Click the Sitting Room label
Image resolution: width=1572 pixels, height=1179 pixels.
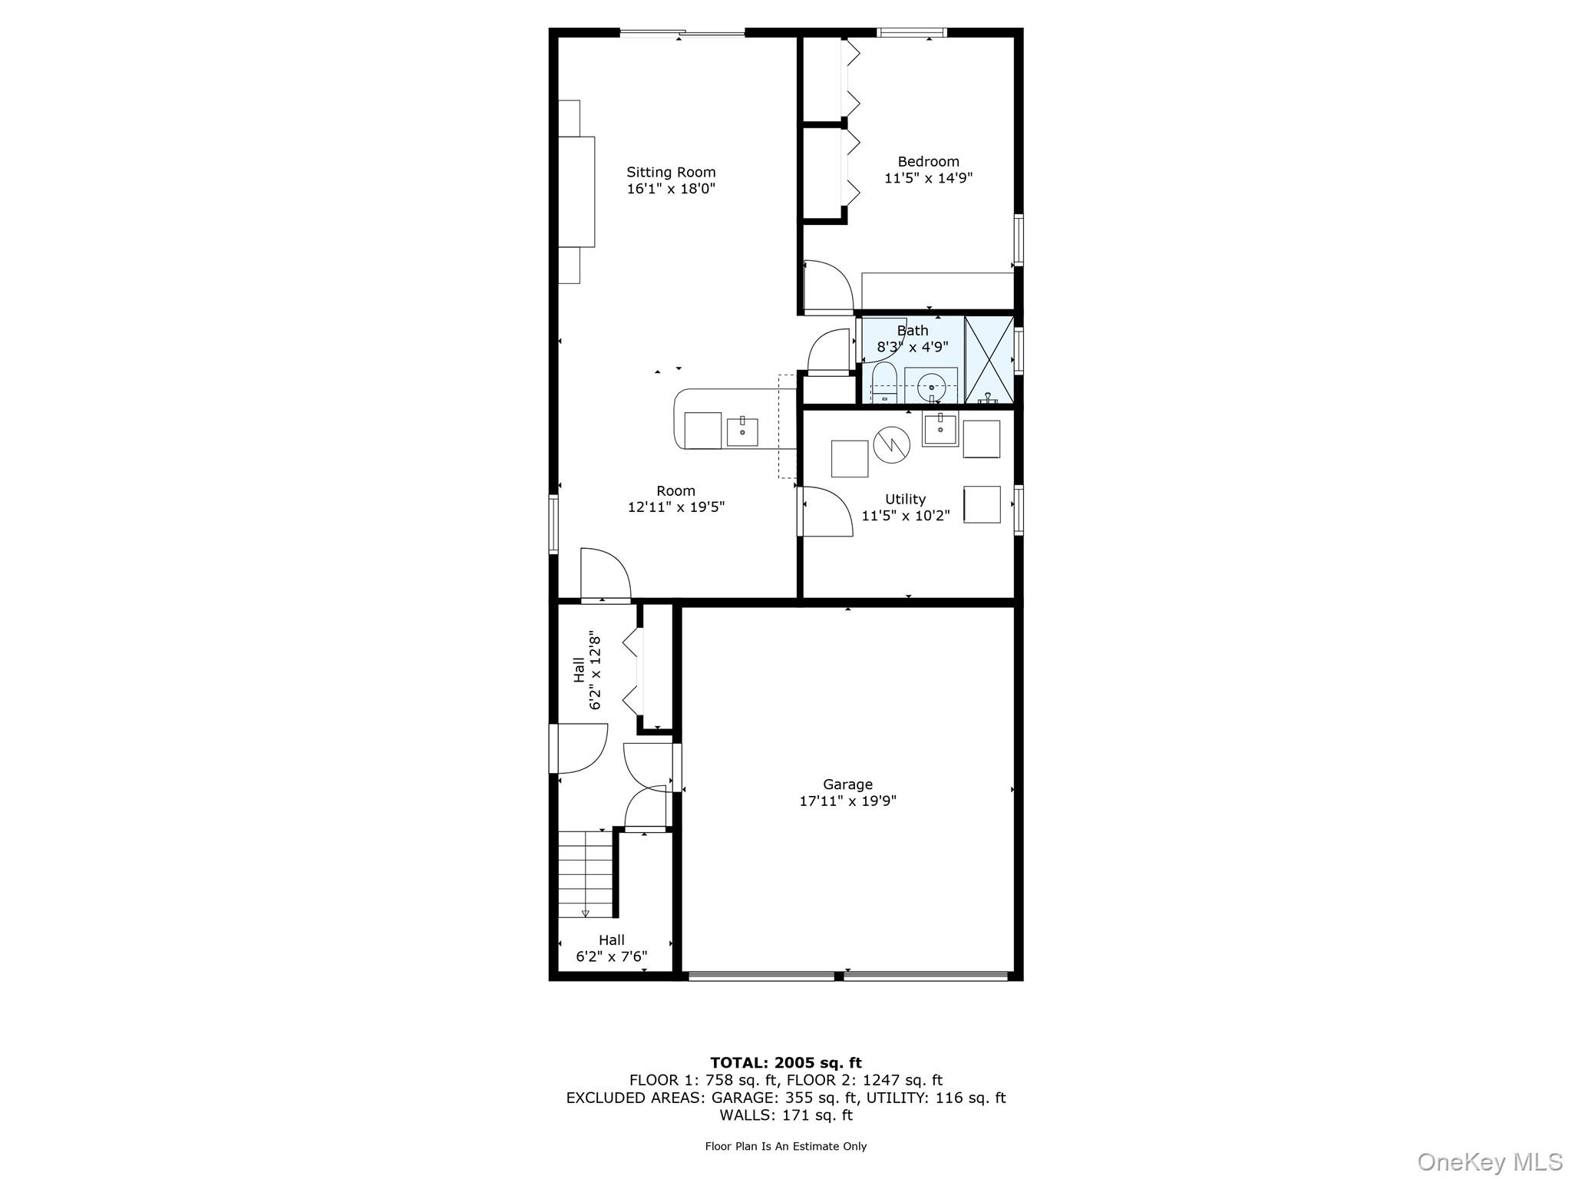pyautogui.click(x=671, y=173)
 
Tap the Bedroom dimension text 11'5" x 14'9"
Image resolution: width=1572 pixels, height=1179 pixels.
pyautogui.click(x=929, y=178)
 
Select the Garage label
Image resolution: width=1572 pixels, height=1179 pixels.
pyautogui.click(x=847, y=784)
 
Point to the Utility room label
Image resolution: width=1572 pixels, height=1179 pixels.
pyautogui.click(x=905, y=499)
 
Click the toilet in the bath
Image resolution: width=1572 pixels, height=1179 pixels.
pyautogui.click(x=884, y=384)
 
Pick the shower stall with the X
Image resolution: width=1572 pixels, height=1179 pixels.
pyautogui.click(x=989, y=359)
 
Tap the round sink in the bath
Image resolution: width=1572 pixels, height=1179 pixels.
pyautogui.click(x=930, y=386)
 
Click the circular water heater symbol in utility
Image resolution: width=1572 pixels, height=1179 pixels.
pyautogui.click(x=891, y=444)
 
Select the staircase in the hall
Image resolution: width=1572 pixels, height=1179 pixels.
pyautogui.click(x=586, y=874)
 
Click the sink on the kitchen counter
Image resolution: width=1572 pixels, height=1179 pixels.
pyautogui.click(x=742, y=432)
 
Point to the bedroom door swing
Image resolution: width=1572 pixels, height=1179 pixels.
pyautogui.click(x=828, y=287)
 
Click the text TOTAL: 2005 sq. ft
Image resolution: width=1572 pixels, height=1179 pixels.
pyautogui.click(x=786, y=1063)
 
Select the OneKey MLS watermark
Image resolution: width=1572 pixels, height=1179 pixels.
pyautogui.click(x=1490, y=1162)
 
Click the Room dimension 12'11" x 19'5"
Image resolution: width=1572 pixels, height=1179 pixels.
pyautogui.click(x=676, y=507)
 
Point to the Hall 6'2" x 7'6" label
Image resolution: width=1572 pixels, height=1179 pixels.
pyautogui.click(x=612, y=949)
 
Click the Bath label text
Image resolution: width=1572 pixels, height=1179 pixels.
pyautogui.click(x=913, y=331)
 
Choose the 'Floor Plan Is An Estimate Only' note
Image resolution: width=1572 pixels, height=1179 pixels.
pyautogui.click(x=786, y=1146)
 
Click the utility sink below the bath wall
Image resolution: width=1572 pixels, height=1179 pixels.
pyautogui.click(x=940, y=429)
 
